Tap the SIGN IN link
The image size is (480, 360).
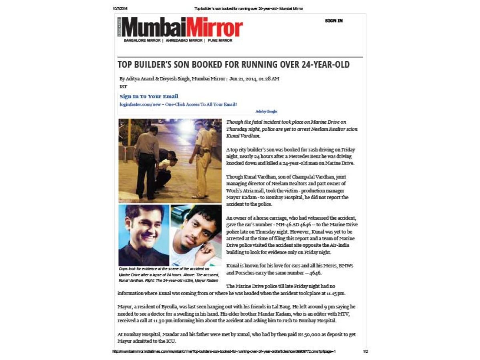pyautogui.click(x=334, y=21)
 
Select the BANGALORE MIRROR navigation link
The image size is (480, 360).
pyautogui.click(x=142, y=40)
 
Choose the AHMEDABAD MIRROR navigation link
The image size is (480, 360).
pyautogui.click(x=184, y=40)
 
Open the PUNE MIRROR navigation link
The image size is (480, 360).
pyautogui.click(x=220, y=40)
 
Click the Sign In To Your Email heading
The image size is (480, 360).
pyautogui.click(x=149, y=96)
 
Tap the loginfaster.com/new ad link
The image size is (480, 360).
pyautogui.click(x=178, y=104)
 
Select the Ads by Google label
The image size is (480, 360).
pyautogui.click(x=266, y=112)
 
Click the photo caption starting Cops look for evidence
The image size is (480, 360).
pyautogui.click(x=168, y=274)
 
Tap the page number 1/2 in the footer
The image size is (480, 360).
pyautogui.click(x=365, y=352)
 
